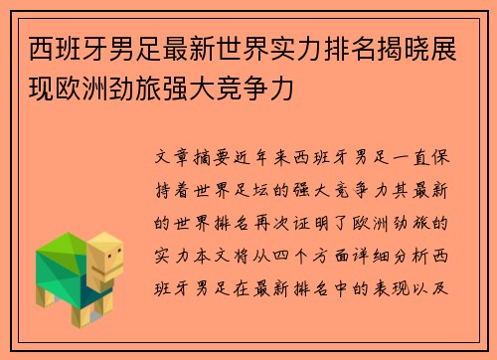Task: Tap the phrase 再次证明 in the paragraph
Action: [x=298, y=219]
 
